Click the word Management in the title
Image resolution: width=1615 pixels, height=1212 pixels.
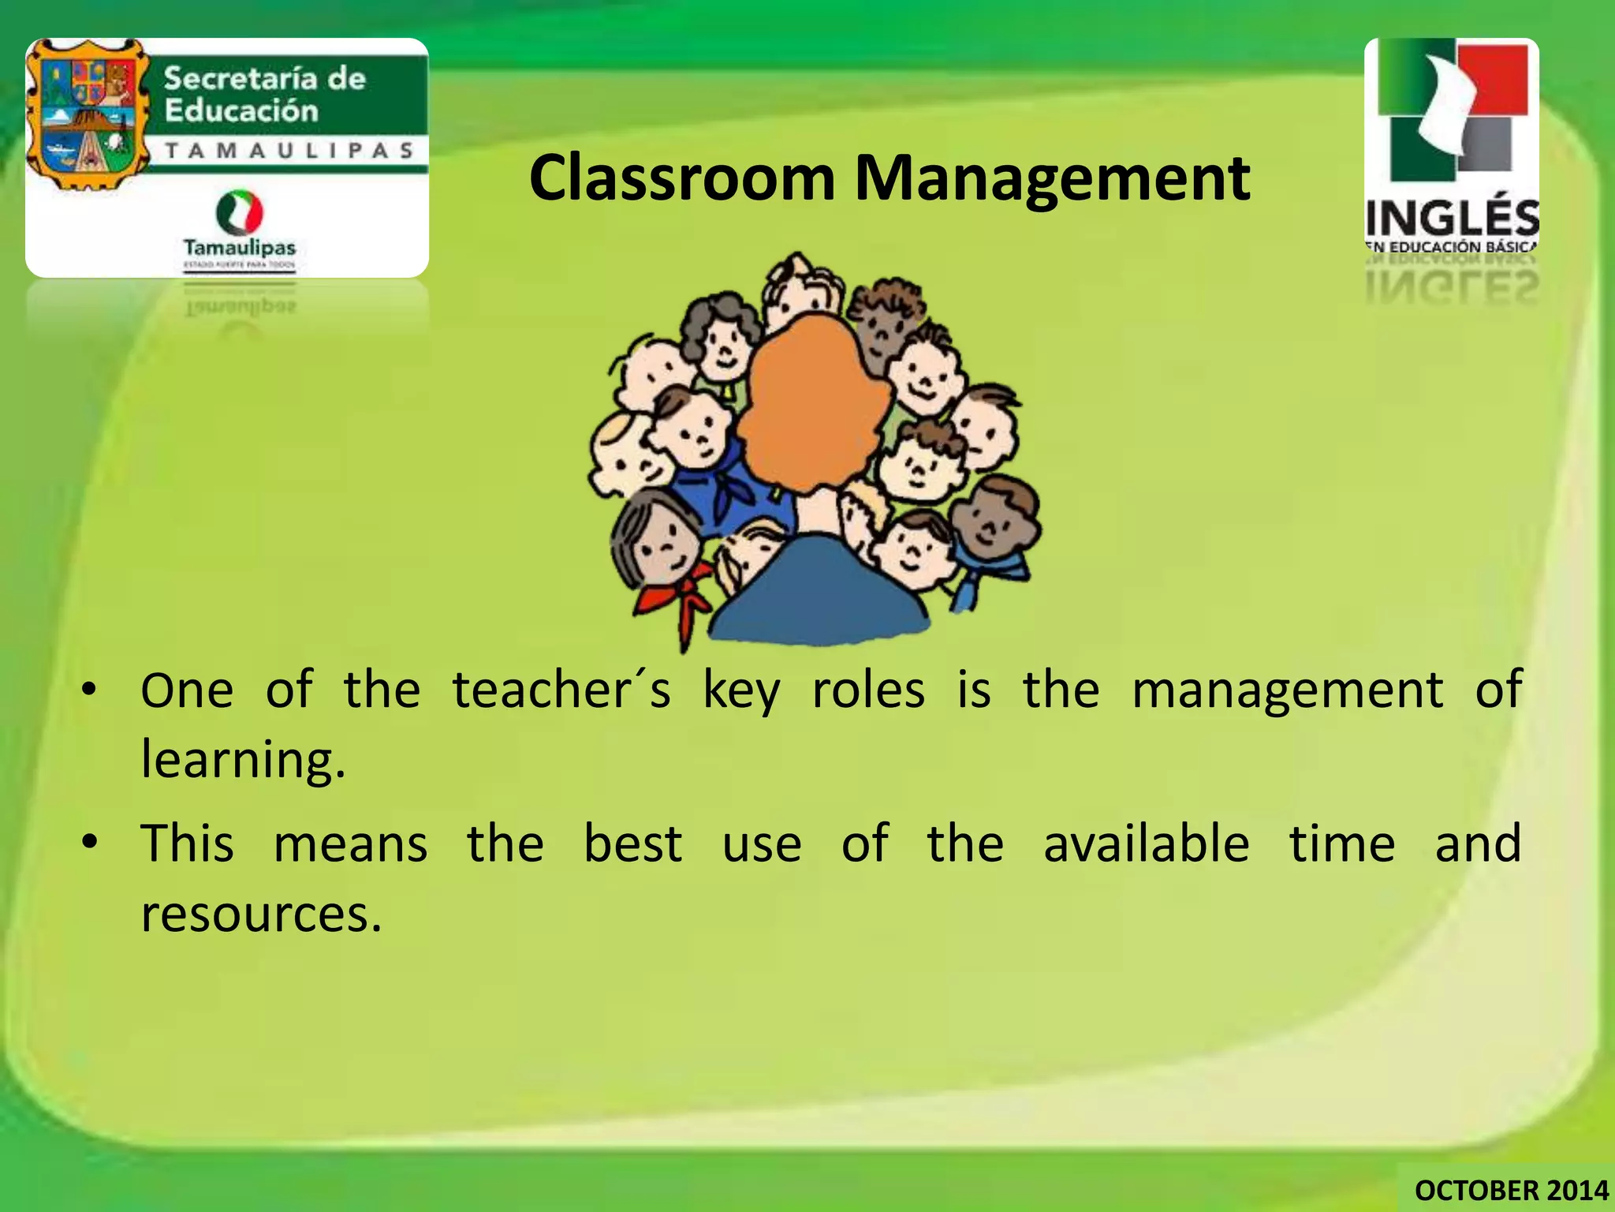(x=1052, y=180)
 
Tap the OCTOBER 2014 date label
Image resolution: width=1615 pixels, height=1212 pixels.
(x=1511, y=1189)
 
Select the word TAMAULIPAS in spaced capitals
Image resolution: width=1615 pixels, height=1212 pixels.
(x=289, y=150)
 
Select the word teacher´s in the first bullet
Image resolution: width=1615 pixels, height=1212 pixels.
(x=561, y=690)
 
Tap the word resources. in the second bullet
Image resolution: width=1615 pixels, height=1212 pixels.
(x=261, y=915)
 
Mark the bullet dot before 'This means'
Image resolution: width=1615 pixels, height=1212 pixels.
(x=91, y=843)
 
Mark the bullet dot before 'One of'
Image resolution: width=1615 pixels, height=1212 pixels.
(x=91, y=690)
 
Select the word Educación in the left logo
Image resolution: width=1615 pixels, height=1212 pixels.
(x=241, y=110)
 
